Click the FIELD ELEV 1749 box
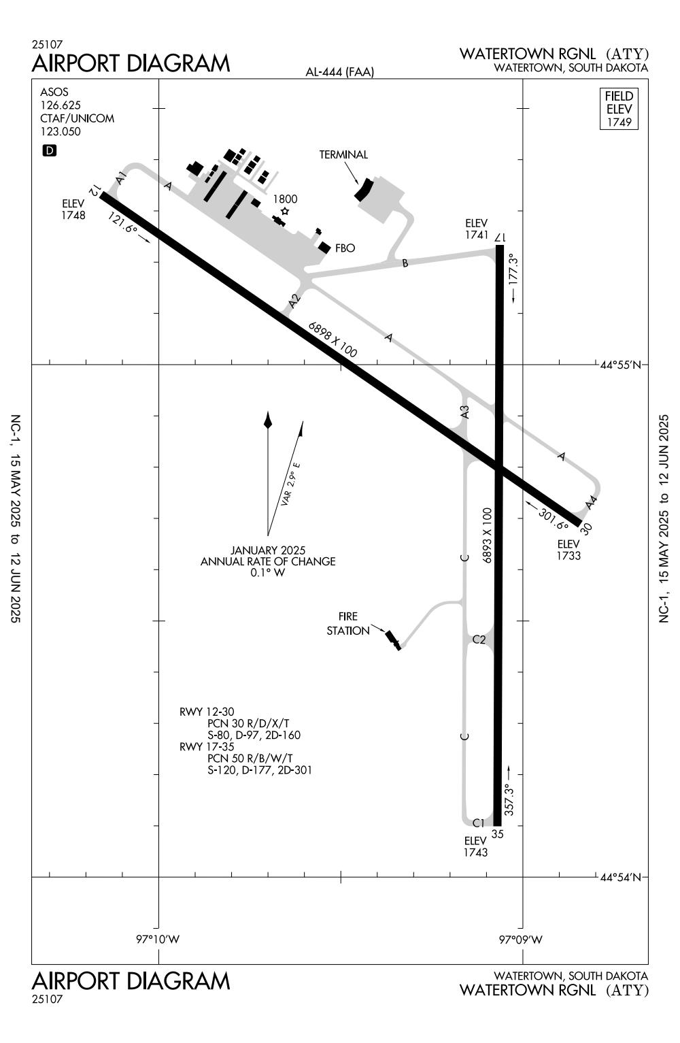[x=619, y=109]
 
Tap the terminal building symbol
[x=364, y=189]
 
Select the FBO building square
[x=324, y=248]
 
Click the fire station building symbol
[x=392, y=639]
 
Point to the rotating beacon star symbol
[x=285, y=212]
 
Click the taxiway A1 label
[x=121, y=178]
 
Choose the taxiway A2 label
[x=294, y=300]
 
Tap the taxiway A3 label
[x=464, y=412]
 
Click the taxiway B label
[x=405, y=263]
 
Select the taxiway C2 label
[x=479, y=640]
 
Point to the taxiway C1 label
[x=479, y=822]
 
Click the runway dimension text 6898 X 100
[x=333, y=339]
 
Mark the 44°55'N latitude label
[x=620, y=365]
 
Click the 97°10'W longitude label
[x=158, y=940]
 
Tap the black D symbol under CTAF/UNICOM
[x=49, y=150]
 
